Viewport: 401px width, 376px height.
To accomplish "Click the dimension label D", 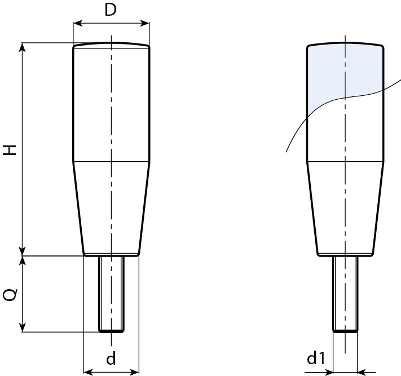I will pos(111,10).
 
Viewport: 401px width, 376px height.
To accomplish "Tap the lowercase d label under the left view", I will pos(111,359).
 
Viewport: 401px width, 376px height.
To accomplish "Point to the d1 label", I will pos(316,359).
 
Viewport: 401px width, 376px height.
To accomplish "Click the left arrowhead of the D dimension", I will pos(77,24).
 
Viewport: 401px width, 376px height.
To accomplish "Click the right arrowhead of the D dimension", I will pos(146,24).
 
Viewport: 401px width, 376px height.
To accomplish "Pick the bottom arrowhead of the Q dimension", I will pos(23,328).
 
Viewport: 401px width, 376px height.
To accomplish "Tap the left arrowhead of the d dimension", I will pos(87,371).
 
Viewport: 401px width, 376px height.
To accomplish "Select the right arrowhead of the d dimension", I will pos(135,371).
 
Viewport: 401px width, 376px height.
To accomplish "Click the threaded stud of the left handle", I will pos(112,293).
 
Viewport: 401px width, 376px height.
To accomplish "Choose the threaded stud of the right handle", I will pos(345,293).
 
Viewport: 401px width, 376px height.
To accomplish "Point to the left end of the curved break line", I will pos(287,151).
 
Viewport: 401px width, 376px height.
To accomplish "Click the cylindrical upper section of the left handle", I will pos(111,104).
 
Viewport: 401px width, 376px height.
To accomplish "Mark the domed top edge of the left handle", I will pos(111,44).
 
